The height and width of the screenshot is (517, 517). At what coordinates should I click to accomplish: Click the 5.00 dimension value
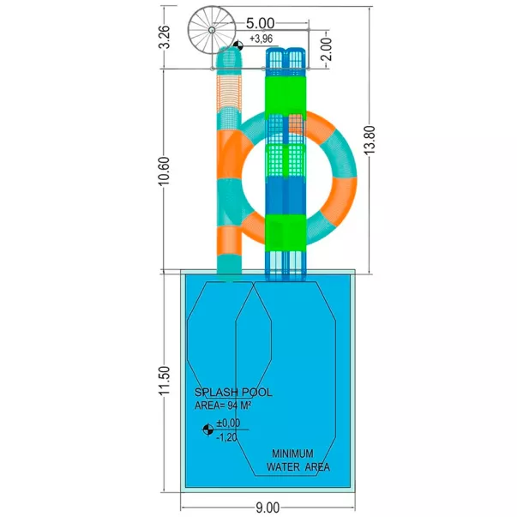tap(260, 23)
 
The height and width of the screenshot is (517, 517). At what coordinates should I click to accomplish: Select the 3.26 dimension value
tap(165, 37)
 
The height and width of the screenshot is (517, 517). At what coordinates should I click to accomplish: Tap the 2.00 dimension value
tap(327, 49)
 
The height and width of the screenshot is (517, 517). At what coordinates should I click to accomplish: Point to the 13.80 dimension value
tap(370, 140)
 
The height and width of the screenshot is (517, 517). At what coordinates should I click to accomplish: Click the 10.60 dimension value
tap(165, 171)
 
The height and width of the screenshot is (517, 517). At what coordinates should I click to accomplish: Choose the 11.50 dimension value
tap(165, 380)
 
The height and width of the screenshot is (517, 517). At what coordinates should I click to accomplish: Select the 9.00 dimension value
tap(268, 508)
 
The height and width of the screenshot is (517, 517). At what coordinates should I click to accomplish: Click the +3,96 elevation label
tap(262, 39)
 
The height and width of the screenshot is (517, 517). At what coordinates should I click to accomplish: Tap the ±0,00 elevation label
tap(228, 423)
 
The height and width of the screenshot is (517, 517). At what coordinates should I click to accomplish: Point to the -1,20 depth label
tap(226, 437)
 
